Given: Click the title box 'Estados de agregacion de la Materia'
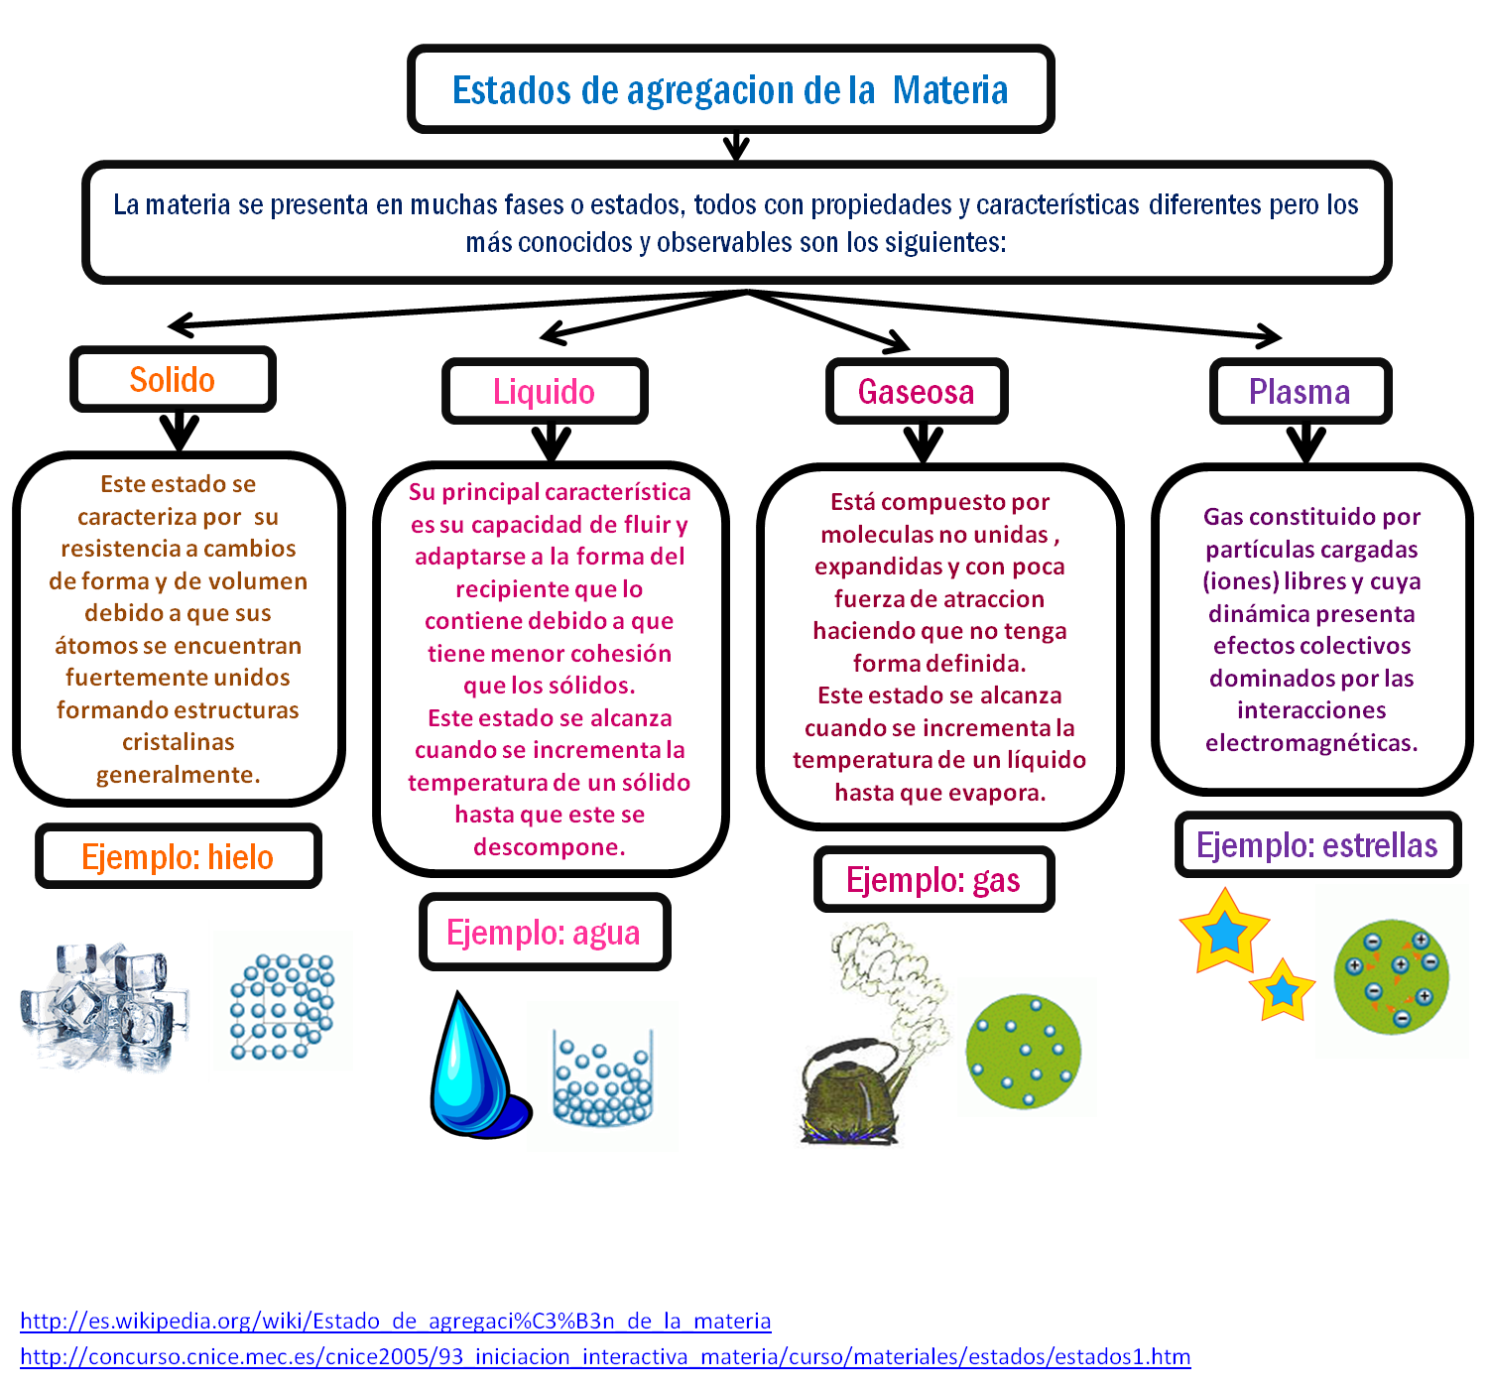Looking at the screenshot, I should (730, 89).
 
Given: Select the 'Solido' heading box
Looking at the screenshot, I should (173, 379).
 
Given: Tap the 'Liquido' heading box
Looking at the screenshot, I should (545, 392).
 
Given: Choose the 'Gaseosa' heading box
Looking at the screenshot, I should (917, 392).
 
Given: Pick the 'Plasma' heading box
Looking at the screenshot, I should (1300, 392).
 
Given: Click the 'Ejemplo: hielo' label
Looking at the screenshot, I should (178, 856).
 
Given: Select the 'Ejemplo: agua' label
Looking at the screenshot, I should (544, 933).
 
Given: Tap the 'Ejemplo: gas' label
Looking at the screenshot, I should (933, 880).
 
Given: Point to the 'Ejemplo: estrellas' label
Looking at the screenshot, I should (1316, 845).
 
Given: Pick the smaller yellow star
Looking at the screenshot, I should (1282, 990).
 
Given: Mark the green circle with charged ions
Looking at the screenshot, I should (1391, 977).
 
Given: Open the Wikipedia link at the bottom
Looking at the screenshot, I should (395, 1321).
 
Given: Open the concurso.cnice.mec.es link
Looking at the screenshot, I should (605, 1356).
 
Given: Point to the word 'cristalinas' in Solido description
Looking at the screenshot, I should (179, 742).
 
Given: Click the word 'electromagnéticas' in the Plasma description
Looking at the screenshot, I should (1310, 743).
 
